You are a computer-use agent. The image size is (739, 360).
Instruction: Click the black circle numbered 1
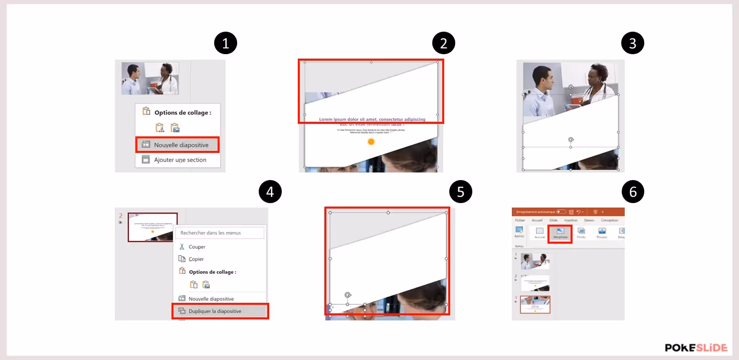tap(226, 44)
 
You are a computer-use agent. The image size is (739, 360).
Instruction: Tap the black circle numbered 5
tap(461, 192)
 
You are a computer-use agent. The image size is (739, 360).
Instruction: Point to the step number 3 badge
tap(633, 44)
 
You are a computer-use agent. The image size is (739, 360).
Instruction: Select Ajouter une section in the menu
tap(179, 159)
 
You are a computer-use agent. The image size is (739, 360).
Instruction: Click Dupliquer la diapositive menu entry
tap(215, 311)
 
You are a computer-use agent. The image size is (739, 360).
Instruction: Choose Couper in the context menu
tap(197, 247)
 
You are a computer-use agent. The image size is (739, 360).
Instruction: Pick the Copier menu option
tap(196, 259)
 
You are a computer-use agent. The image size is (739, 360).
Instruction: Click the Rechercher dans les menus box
tap(220, 233)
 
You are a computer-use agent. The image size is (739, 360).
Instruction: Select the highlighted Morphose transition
tap(560, 233)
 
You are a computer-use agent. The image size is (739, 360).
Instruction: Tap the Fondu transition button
tap(581, 233)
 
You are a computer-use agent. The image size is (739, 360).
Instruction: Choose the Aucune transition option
tap(539, 233)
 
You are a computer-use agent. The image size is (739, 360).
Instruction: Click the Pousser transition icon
tap(602, 233)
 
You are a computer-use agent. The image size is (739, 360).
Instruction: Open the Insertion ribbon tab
tap(571, 220)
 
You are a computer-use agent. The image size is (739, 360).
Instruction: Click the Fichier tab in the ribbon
tap(520, 220)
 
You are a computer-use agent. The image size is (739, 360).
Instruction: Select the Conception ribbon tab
tap(609, 220)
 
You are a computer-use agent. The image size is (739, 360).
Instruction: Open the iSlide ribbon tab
tap(553, 220)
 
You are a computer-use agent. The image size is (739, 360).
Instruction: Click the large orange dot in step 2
tap(371, 142)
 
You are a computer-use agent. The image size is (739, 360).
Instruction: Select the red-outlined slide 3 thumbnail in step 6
tap(535, 304)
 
